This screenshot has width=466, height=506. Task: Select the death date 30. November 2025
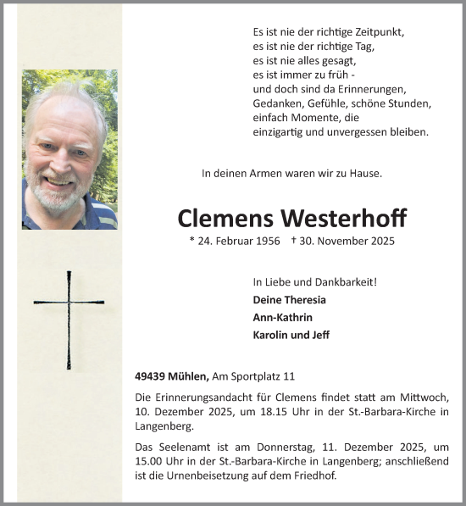[x=347, y=242]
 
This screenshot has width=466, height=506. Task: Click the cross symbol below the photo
[x=69, y=320]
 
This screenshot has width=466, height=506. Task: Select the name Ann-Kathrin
[x=283, y=317]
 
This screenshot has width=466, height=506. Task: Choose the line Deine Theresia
[x=289, y=300]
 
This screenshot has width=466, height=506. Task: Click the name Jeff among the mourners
[x=319, y=334]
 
